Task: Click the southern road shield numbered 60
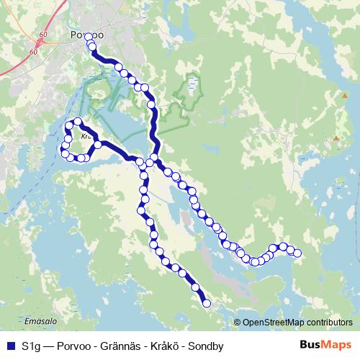click(x=34, y=52)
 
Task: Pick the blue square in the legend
click(x=10, y=346)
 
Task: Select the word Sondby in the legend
click(x=205, y=346)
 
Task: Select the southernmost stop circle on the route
click(x=207, y=304)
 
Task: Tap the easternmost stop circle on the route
click(x=297, y=252)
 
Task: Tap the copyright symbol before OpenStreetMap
click(x=238, y=323)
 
